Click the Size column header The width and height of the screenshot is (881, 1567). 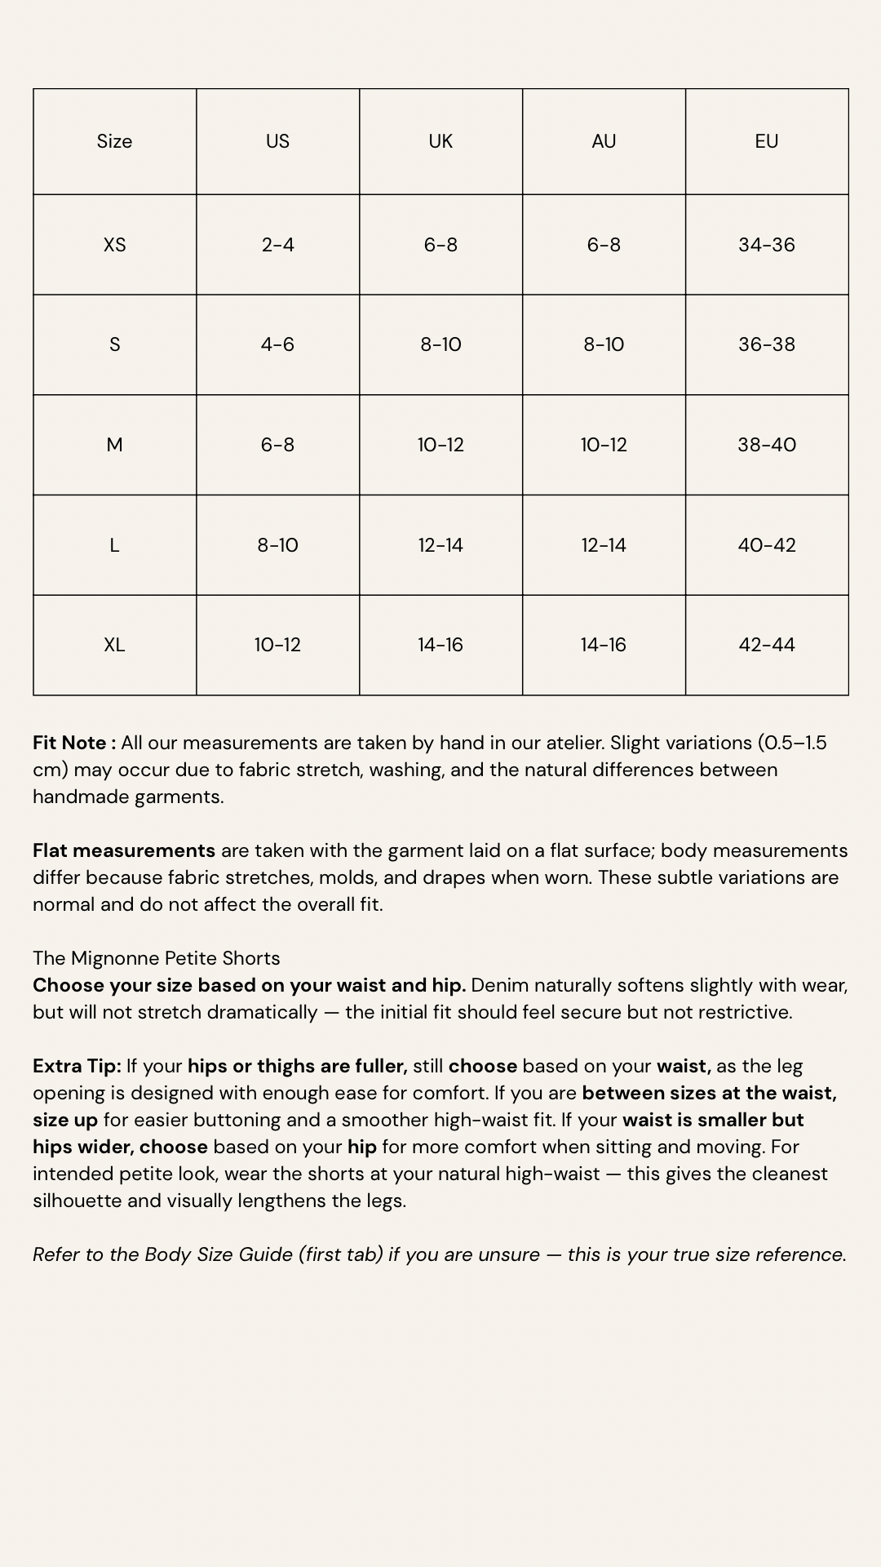tap(114, 141)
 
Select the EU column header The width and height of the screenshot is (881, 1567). tap(767, 141)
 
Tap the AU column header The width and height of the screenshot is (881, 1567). tap(604, 141)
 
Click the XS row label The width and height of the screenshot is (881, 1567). tap(114, 245)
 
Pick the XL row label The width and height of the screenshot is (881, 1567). tap(114, 645)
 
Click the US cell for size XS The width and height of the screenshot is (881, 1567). tap(277, 245)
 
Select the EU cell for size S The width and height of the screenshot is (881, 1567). tap(767, 344)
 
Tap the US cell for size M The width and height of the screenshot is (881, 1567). tap(277, 445)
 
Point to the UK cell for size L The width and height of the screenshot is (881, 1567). tap(440, 545)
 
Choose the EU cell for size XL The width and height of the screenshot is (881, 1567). tap(767, 645)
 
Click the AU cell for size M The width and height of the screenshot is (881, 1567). tap(604, 445)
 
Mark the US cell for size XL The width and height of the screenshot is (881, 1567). tap(277, 645)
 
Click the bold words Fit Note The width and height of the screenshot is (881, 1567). tap(72, 743)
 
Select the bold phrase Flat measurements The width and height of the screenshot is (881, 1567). tap(124, 850)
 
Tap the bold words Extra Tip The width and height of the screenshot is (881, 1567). tap(76, 1066)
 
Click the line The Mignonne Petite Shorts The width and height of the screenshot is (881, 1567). tap(156, 958)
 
